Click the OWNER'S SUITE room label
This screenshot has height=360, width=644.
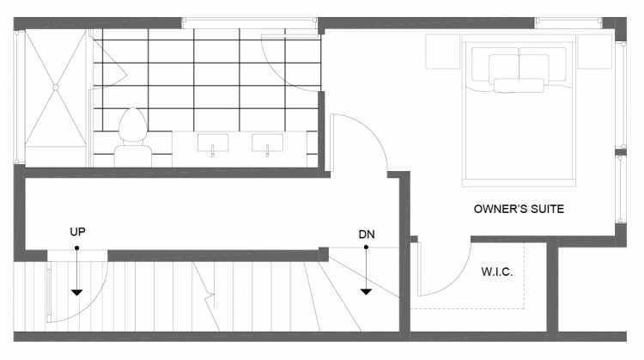tap(519, 209)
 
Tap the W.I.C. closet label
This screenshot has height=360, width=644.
tap(497, 272)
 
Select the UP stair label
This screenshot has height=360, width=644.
tap(77, 232)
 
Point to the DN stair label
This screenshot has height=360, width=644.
tap(367, 235)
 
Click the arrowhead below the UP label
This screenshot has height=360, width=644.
tap(76, 292)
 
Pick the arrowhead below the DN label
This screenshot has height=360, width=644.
tap(366, 291)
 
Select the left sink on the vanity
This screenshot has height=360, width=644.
tap(213, 143)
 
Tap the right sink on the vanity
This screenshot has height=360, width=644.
tap(267, 143)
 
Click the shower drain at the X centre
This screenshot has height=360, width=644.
tap(56, 87)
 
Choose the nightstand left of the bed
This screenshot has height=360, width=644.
tap(443, 52)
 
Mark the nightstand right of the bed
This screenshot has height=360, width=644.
tap(595, 52)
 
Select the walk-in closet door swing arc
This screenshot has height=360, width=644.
tap(455, 281)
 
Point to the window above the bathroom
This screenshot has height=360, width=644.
tap(249, 23)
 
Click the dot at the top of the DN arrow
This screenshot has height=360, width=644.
tap(366, 247)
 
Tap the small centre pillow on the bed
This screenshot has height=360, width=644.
tap(519, 85)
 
